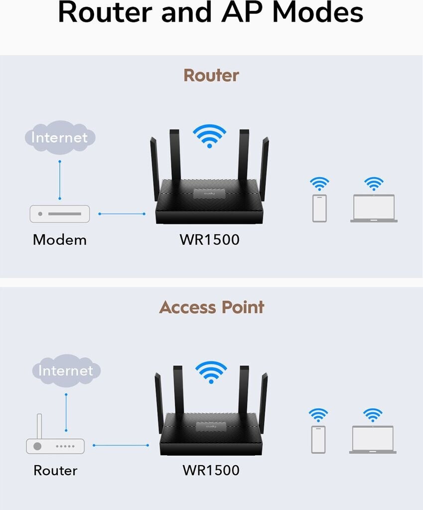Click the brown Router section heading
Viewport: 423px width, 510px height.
point(211,75)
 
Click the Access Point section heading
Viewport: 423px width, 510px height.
point(211,307)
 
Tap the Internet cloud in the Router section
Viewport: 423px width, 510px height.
point(59,137)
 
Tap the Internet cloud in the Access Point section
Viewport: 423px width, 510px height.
point(66,370)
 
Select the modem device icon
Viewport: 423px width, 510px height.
point(60,214)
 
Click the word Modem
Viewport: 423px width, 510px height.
point(60,240)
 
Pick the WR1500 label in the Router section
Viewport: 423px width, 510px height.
point(209,240)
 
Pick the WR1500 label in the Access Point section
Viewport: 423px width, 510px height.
point(211,470)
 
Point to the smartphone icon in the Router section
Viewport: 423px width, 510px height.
point(319,208)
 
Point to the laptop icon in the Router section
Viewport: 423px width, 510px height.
point(374,208)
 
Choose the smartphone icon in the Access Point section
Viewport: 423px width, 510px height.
point(318,439)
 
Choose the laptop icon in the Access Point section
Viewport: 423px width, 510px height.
point(373,439)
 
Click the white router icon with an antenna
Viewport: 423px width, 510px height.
point(55,443)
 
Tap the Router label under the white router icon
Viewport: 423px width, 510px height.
point(55,471)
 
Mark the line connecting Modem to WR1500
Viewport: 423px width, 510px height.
point(122,214)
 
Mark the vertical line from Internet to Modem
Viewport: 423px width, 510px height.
point(60,179)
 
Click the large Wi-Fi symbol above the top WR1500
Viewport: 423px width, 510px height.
point(209,135)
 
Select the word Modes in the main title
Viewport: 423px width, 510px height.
point(319,13)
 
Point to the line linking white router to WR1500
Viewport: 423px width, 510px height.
point(121,445)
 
